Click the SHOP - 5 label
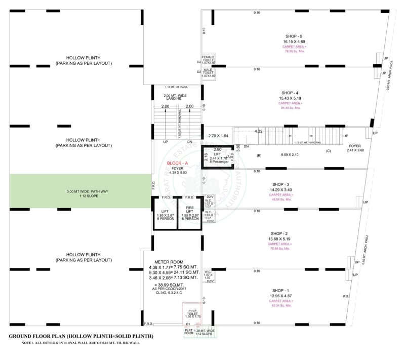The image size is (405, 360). click(294, 36)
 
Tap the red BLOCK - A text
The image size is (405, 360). click(177, 163)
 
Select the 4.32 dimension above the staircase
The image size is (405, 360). click(258, 131)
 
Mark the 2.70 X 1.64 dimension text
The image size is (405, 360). click(219, 136)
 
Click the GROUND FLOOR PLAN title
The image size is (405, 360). click(81, 336)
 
